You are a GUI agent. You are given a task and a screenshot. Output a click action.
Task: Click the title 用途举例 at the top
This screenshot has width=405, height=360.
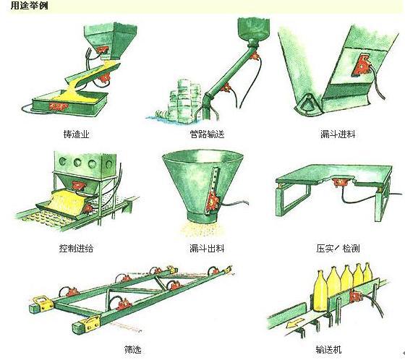click(20, 6)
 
